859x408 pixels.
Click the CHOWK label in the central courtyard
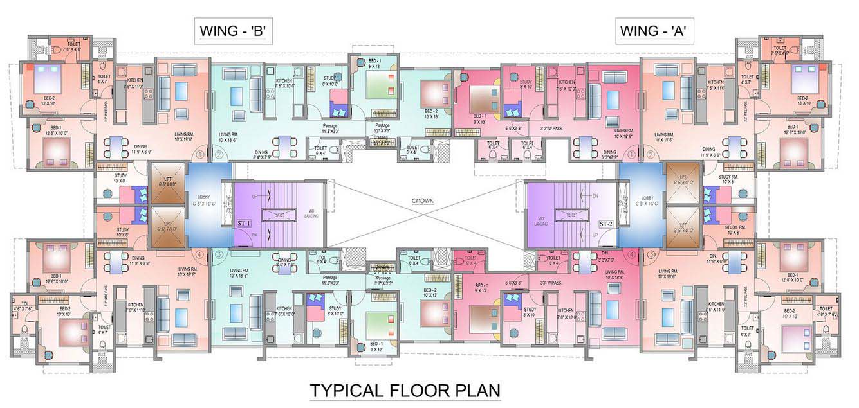(x=423, y=202)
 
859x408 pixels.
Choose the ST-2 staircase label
(x=605, y=224)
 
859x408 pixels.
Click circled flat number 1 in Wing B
(x=201, y=155)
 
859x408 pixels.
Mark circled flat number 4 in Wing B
(x=201, y=254)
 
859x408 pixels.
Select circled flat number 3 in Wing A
(x=651, y=254)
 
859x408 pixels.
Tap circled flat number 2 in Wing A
(x=651, y=155)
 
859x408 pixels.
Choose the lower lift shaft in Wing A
(x=683, y=229)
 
